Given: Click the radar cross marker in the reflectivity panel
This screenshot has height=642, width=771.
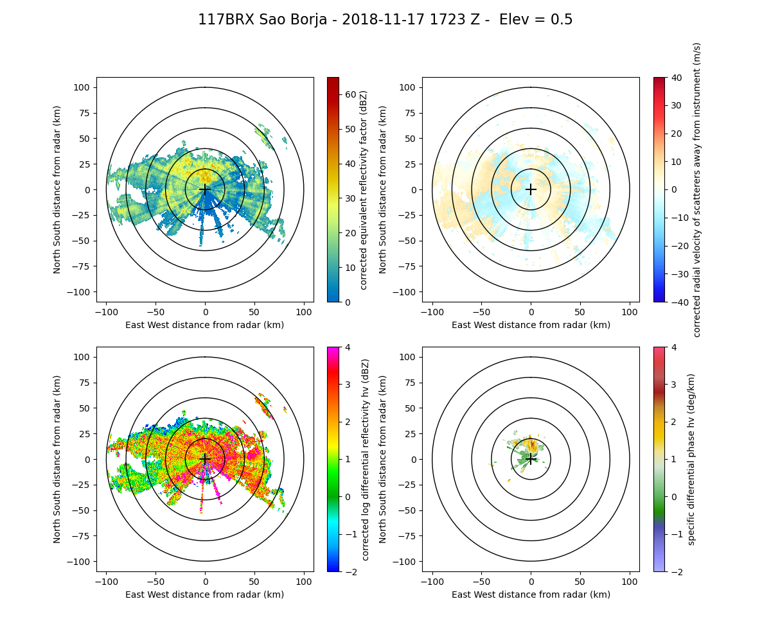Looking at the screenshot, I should pyautogui.click(x=205, y=189).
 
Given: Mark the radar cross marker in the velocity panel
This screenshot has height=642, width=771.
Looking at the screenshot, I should pyautogui.click(x=531, y=189).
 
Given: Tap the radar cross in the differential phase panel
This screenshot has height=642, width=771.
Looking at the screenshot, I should pyautogui.click(x=531, y=459).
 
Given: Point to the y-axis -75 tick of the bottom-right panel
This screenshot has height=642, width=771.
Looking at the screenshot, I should pyautogui.click(x=409, y=536).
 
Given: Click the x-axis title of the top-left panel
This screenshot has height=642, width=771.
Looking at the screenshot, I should pyautogui.click(x=205, y=325).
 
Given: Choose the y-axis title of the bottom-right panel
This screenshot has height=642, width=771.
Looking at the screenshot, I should pyautogui.click(x=384, y=459).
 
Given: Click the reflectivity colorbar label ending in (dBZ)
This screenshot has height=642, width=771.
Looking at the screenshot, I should pyautogui.click(x=364, y=189).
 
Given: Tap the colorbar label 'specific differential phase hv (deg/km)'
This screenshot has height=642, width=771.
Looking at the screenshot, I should pyautogui.click(x=691, y=459).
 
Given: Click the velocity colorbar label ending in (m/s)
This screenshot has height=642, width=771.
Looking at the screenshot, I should pyautogui.click(x=697, y=189).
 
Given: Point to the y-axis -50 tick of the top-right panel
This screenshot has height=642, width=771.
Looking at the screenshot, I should pyautogui.click(x=409, y=241).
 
